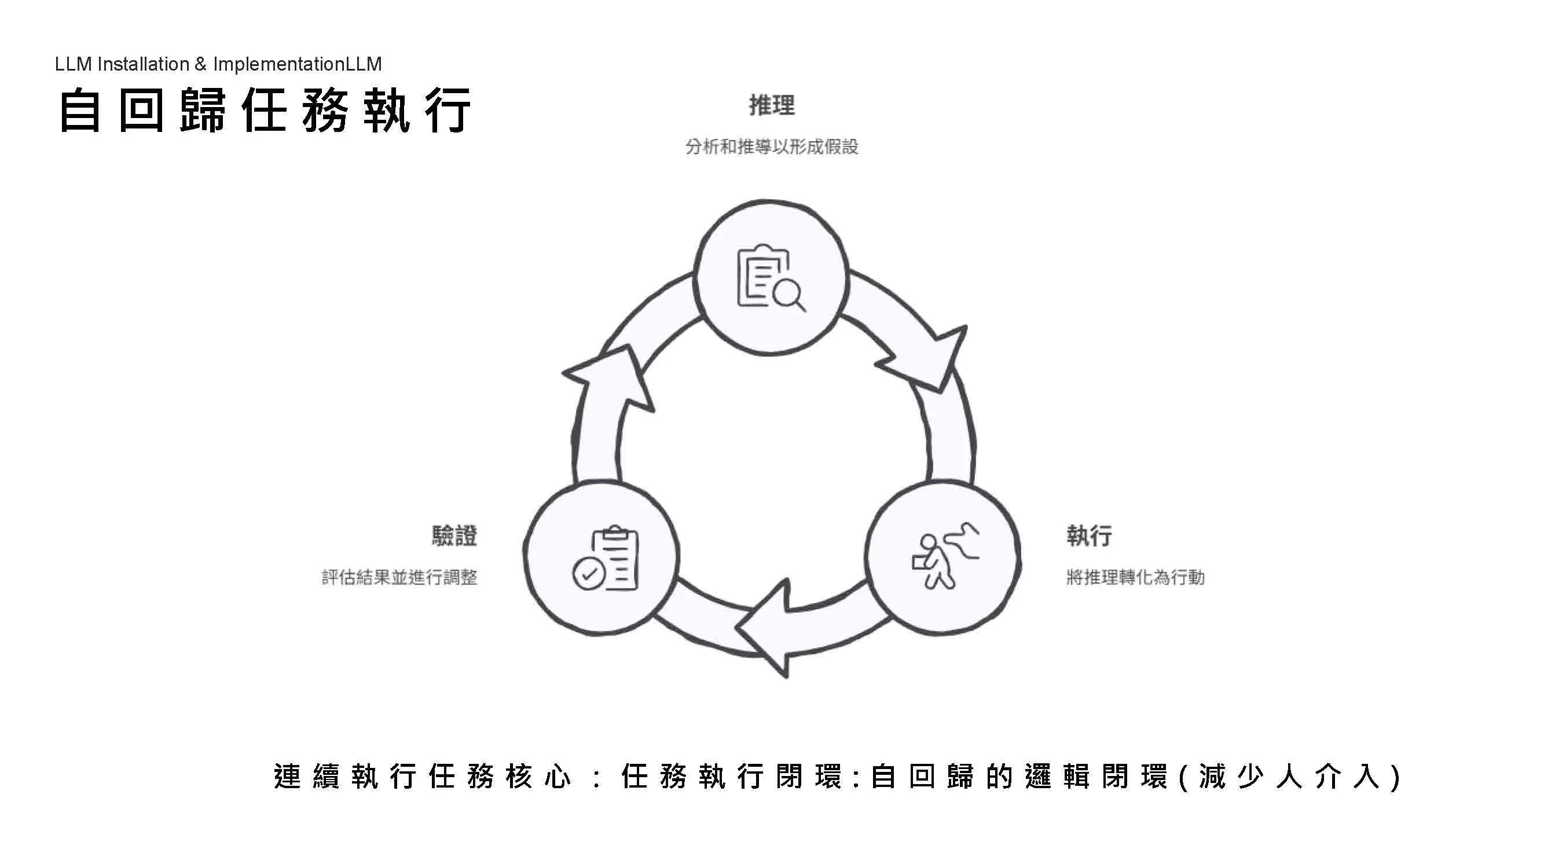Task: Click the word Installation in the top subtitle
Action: tap(143, 64)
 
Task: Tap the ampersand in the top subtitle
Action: tap(201, 64)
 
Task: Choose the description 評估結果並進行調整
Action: tap(400, 578)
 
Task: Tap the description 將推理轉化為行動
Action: tap(1135, 578)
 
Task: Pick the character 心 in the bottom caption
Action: tap(557, 777)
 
